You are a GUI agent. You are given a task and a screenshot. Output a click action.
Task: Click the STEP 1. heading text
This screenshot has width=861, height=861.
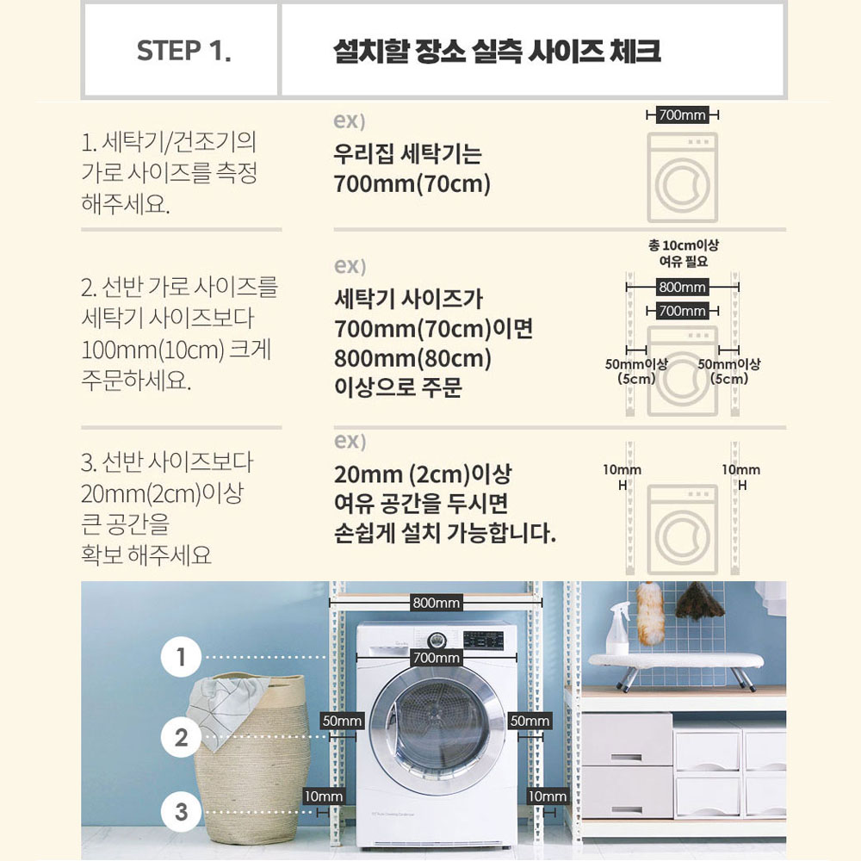point(183,51)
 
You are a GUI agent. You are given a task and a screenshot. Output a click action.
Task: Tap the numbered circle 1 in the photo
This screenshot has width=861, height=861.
point(181,657)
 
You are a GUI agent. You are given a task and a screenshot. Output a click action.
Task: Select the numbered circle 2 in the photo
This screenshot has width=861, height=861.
point(181,738)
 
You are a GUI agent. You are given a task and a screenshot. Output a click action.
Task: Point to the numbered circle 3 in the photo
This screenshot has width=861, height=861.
point(181,812)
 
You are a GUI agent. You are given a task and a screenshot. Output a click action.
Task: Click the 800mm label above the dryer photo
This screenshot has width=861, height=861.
point(436,603)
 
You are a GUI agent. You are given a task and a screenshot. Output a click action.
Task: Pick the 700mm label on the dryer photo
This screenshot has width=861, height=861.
point(436,657)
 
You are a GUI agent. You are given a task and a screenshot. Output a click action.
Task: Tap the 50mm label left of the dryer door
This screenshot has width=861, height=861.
point(342,721)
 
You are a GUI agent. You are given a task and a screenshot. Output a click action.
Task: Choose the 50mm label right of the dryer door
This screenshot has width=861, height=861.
point(530,721)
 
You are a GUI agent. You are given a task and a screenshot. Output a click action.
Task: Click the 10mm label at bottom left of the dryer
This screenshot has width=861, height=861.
point(324,796)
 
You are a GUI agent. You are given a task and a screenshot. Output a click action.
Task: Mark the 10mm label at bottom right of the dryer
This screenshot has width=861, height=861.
point(548,796)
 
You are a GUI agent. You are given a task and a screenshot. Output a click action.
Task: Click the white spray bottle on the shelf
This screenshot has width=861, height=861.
point(617,629)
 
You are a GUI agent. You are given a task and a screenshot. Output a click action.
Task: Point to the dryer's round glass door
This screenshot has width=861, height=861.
point(437,731)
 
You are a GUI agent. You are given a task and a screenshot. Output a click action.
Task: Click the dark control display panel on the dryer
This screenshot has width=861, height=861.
point(483,641)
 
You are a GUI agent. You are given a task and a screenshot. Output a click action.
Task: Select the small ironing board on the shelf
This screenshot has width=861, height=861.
point(675,666)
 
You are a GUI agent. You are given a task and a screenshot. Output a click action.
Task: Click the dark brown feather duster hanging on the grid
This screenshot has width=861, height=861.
point(697,601)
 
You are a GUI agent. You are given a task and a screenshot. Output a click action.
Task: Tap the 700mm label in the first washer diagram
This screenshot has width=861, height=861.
point(682,115)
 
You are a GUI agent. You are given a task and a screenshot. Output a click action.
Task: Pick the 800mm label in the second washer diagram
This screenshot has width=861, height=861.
point(682,287)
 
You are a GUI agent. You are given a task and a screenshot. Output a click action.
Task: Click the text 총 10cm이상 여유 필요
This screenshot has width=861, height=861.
point(683,252)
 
